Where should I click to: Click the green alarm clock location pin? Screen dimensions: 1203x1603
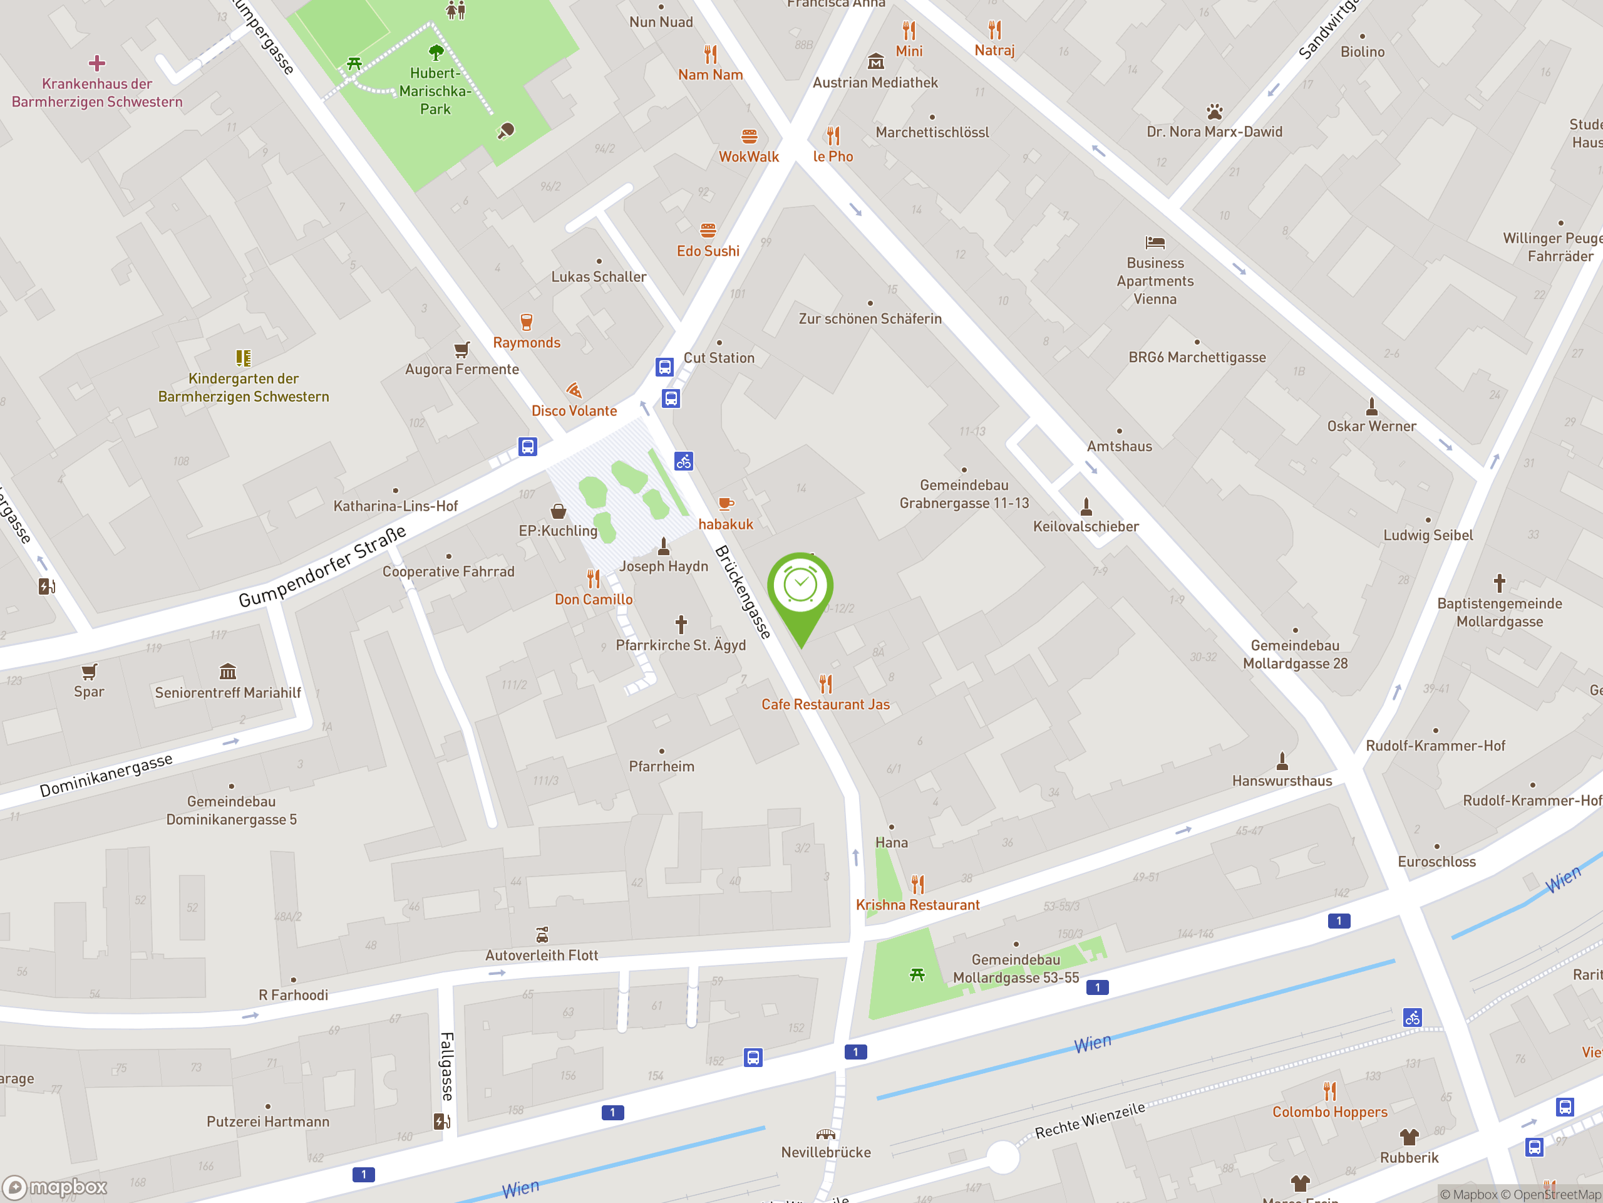[x=800, y=587]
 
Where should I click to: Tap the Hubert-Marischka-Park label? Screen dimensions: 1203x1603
[x=435, y=91]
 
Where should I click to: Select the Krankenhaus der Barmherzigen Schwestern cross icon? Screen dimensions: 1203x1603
[x=97, y=64]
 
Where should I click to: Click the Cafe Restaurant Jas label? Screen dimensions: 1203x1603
[x=825, y=704]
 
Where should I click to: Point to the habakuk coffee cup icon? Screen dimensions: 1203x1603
[x=725, y=503]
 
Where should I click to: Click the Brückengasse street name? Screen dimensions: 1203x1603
[x=743, y=591]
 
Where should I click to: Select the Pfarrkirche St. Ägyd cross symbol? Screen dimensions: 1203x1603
[x=681, y=623]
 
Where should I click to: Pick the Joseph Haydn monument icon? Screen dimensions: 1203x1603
[x=663, y=546]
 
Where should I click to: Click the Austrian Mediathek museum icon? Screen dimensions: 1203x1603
[x=875, y=61]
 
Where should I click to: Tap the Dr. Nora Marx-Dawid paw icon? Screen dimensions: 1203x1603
[x=1215, y=112]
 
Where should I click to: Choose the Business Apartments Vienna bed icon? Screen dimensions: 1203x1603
[x=1155, y=242]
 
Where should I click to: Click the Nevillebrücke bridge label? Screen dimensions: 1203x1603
[x=825, y=1152]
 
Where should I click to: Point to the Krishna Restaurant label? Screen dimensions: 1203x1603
[x=917, y=905]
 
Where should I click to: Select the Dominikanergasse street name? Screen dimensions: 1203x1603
[x=106, y=775]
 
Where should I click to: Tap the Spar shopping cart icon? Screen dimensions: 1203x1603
[x=89, y=672]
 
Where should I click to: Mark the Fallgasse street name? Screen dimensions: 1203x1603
[x=447, y=1066]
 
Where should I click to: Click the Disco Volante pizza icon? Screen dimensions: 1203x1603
[x=574, y=390]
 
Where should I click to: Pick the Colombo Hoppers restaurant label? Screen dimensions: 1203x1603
[x=1329, y=1112]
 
